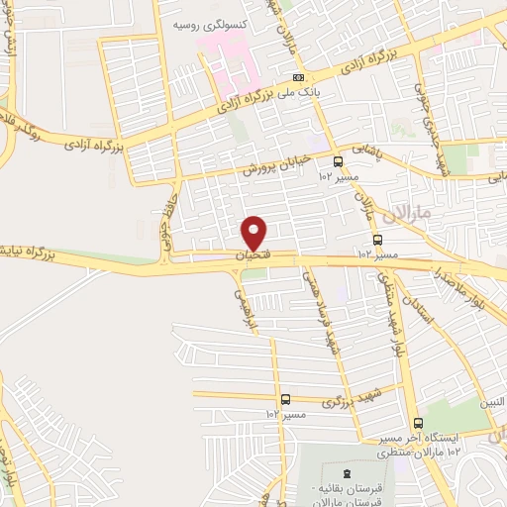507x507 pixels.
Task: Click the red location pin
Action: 255,232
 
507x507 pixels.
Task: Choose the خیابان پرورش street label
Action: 278,162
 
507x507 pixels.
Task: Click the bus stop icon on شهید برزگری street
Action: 285,398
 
